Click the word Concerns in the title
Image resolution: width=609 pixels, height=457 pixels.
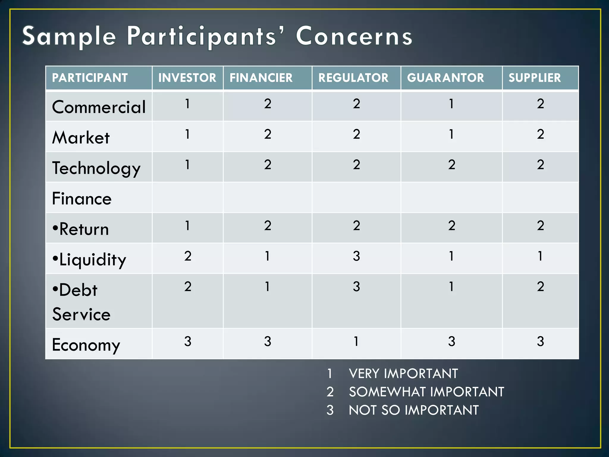pyautogui.click(x=354, y=36)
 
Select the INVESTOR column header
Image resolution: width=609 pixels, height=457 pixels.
pyautogui.click(x=187, y=78)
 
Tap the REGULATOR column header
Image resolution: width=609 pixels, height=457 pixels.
pyautogui.click(x=353, y=78)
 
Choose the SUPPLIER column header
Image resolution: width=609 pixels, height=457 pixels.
pyautogui.click(x=534, y=78)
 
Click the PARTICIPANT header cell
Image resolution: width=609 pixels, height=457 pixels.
pyautogui.click(x=90, y=78)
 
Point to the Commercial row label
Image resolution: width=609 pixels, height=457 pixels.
pyautogui.click(x=99, y=107)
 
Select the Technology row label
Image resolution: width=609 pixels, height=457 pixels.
pyautogui.click(x=96, y=168)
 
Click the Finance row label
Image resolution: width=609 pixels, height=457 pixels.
pyautogui.click(x=82, y=199)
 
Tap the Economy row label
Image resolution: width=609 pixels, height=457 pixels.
pyautogui.click(x=86, y=345)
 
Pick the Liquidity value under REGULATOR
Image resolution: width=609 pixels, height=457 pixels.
pyautogui.click(x=356, y=256)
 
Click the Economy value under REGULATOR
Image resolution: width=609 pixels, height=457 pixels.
pyautogui.click(x=356, y=341)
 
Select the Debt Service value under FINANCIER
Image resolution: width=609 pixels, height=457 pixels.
pyautogui.click(x=267, y=287)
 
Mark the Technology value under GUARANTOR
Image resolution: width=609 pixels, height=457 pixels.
pyautogui.click(x=451, y=165)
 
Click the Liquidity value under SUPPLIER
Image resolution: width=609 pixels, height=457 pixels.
pyautogui.click(x=540, y=256)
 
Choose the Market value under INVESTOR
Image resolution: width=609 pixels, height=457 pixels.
pyautogui.click(x=187, y=134)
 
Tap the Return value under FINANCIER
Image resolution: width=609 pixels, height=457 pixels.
pyautogui.click(x=267, y=226)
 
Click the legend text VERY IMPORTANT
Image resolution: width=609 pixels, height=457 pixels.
pyautogui.click(x=403, y=374)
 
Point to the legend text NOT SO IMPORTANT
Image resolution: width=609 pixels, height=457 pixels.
pyautogui.click(x=414, y=410)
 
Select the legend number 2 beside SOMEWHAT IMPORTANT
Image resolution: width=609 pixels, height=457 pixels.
pyautogui.click(x=330, y=392)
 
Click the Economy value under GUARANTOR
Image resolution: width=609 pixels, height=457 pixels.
pyautogui.click(x=451, y=341)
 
